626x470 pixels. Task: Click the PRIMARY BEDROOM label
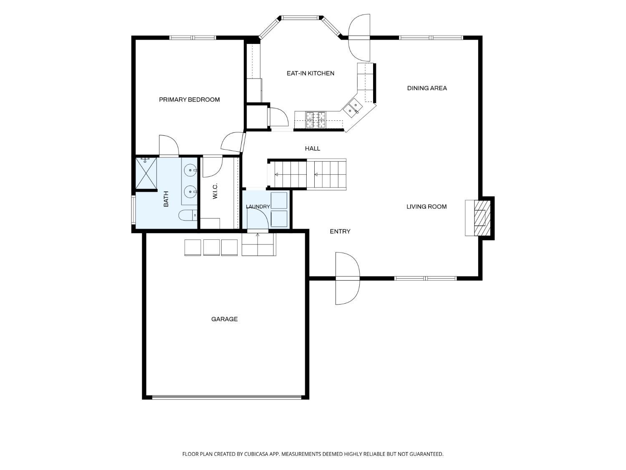[189, 99]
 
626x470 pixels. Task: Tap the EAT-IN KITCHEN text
[310, 74]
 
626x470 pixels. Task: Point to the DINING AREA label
[427, 88]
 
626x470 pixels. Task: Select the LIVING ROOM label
[427, 207]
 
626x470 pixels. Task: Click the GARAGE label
[224, 319]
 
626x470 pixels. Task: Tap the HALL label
[312, 148]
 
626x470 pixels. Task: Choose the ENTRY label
[340, 231]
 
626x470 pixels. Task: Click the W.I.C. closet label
[215, 191]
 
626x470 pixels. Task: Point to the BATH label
[166, 199]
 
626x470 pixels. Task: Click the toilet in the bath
[188, 215]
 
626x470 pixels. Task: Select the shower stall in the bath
[146, 173]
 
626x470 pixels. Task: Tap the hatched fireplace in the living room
[482, 218]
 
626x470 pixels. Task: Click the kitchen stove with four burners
[316, 120]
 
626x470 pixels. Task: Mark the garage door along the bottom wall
[227, 397]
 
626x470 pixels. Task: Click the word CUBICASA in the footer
[256, 454]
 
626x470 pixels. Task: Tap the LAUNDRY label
[258, 207]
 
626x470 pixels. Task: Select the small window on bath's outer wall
[133, 209]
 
